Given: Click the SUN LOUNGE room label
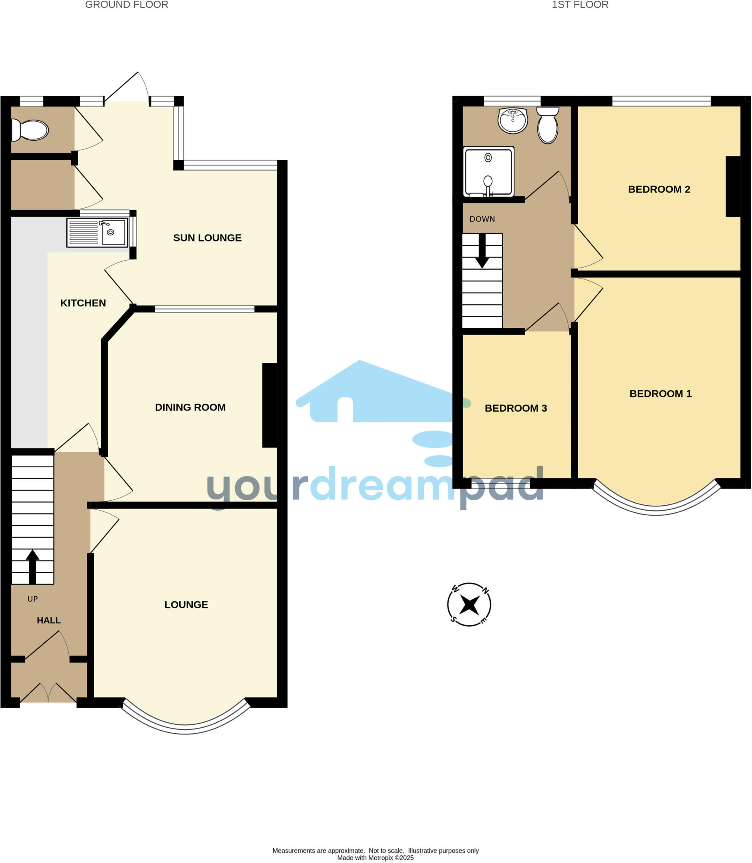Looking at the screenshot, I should coord(207,238).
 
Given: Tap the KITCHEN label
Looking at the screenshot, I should coord(83,303).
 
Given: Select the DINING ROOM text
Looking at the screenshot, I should coord(190,407).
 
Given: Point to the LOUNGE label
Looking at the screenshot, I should coord(186,605).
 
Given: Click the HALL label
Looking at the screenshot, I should coord(49,620).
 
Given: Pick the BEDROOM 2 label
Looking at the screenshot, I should coord(659,190).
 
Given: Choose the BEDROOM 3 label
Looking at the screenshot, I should coord(515,408).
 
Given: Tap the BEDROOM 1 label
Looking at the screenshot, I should coord(660,394).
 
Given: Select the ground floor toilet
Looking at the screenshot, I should coord(30,130).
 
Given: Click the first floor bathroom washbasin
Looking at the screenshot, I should coord(512,120).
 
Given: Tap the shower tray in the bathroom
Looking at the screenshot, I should coord(488,172).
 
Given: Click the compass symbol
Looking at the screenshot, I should coord(469,605).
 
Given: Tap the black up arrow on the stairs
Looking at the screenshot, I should coord(32,566).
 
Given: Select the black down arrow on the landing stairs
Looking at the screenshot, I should coord(482,251).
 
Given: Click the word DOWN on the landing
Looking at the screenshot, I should coord(482,219).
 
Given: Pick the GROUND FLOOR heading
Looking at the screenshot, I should coord(127,5).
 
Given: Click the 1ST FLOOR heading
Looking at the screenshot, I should coord(580,5).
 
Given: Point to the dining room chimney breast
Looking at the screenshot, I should coord(270,405).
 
